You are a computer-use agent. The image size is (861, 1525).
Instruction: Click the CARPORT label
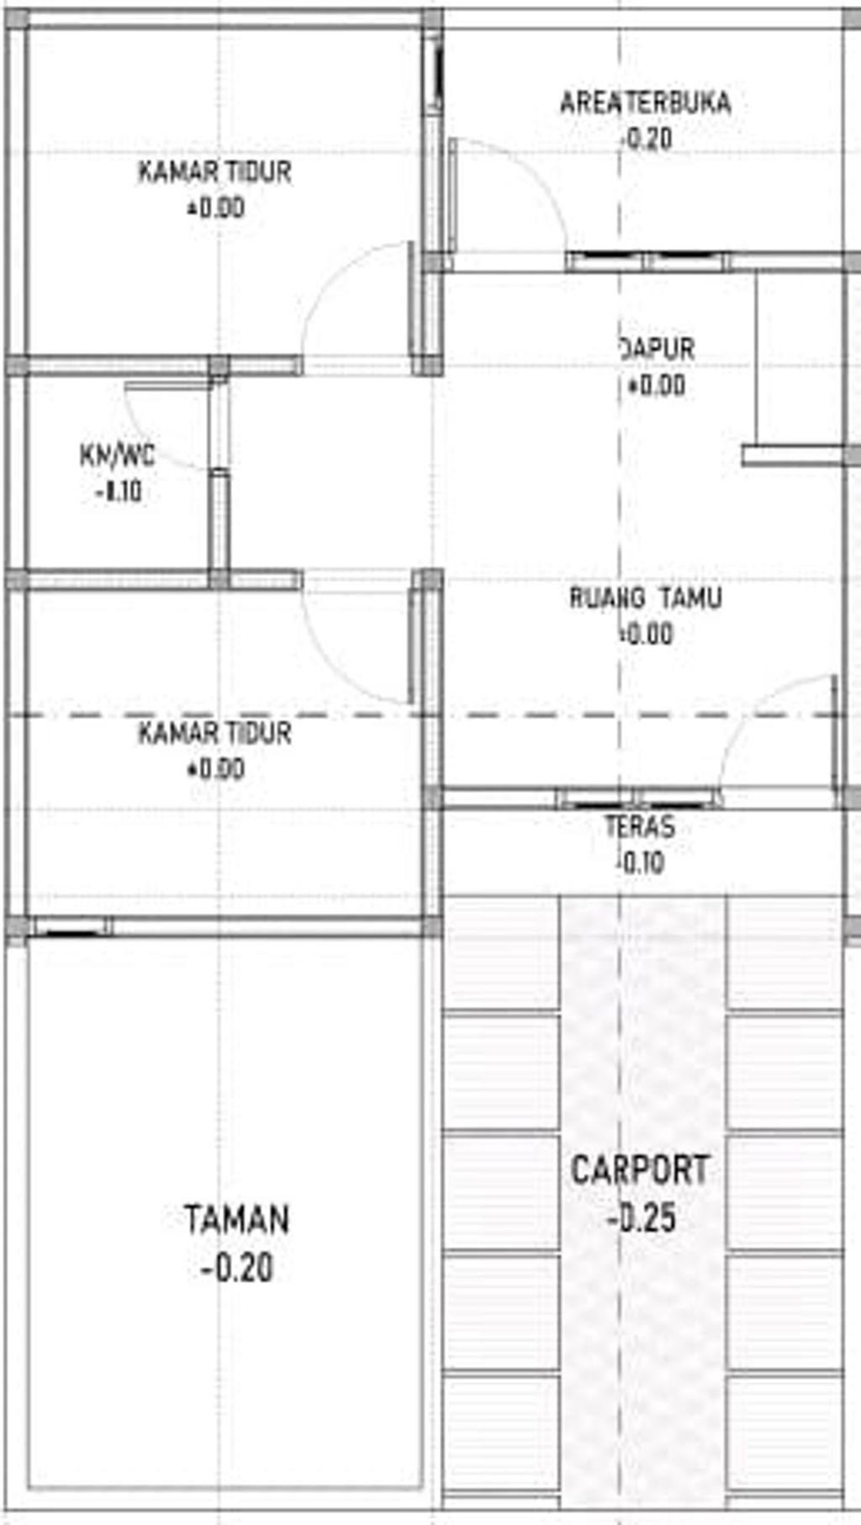click(640, 1170)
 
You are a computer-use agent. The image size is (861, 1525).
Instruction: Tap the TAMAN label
click(236, 1220)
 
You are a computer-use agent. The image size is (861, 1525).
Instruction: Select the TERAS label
click(640, 827)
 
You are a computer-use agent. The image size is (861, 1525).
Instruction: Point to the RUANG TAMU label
click(645, 599)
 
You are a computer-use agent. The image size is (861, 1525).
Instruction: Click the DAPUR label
click(658, 349)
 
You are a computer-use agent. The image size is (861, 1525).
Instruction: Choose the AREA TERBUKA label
click(645, 103)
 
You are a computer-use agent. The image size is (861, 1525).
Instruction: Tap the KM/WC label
click(118, 456)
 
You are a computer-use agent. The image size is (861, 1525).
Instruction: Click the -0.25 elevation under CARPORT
click(642, 1218)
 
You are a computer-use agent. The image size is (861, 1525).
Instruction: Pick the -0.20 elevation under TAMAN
click(238, 1269)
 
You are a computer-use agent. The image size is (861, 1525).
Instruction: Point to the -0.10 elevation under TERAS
click(641, 863)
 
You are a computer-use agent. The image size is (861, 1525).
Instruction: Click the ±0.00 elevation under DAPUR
click(657, 386)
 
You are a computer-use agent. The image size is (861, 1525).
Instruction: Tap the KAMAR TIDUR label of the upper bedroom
click(215, 172)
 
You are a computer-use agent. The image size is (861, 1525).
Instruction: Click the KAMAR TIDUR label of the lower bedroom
click(215, 733)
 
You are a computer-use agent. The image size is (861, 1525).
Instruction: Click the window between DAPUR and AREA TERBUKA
click(647, 260)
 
